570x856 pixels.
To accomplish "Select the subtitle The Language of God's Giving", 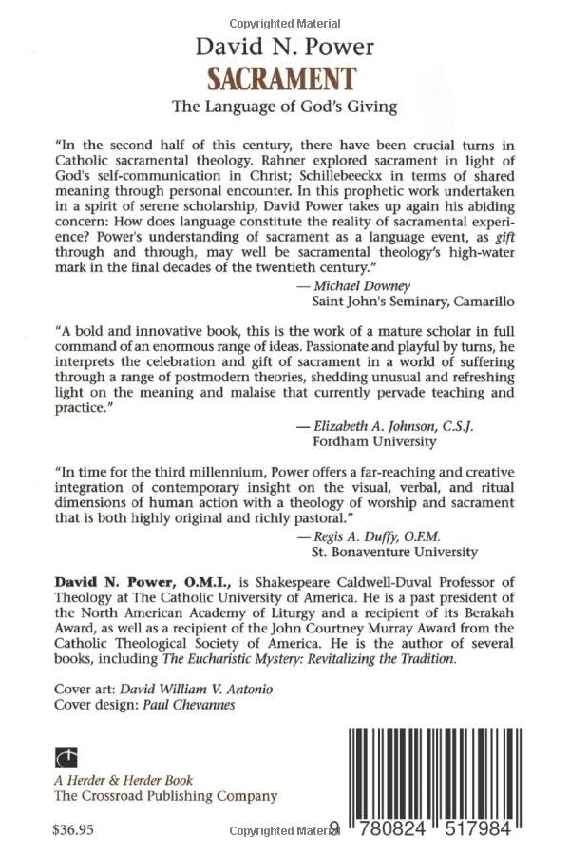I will pyautogui.click(x=284, y=108).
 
